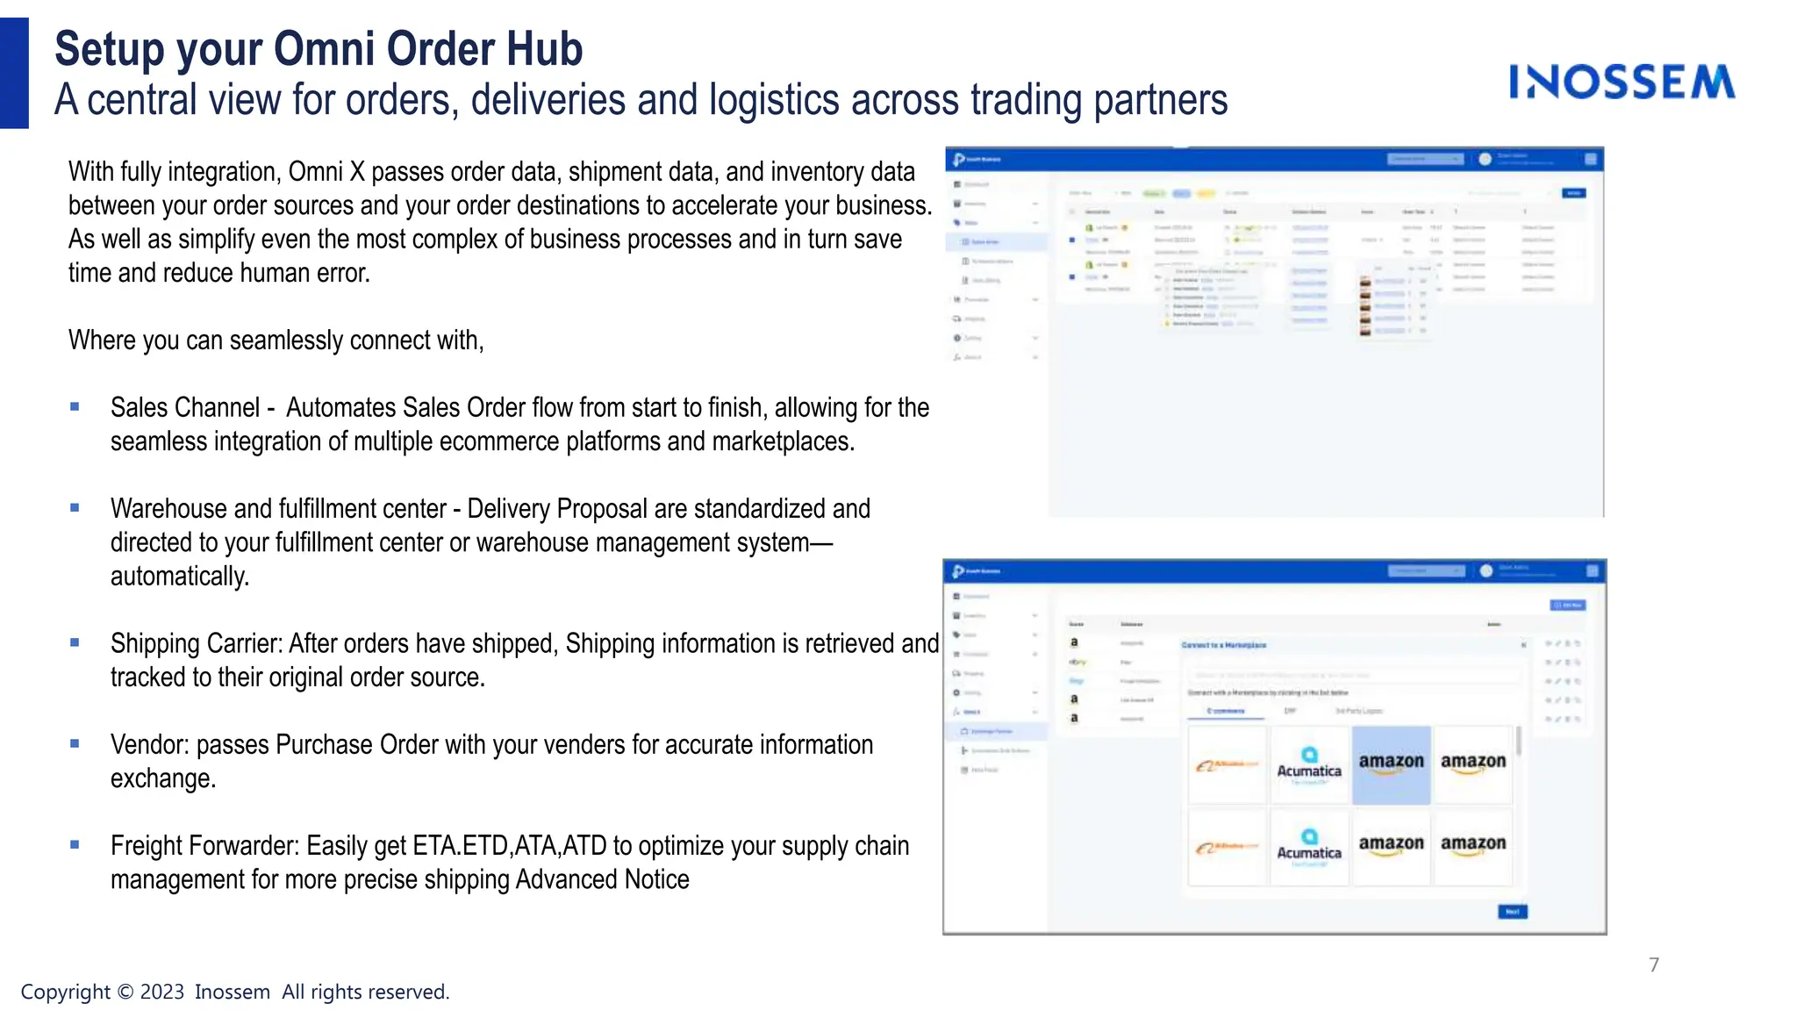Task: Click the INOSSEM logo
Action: (1622, 82)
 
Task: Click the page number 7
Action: (1654, 964)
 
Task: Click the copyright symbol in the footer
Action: (125, 992)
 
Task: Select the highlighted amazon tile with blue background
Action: (1391, 764)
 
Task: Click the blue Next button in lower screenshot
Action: (1512, 912)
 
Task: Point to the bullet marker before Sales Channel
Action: (75, 406)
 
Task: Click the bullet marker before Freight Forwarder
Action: (75, 844)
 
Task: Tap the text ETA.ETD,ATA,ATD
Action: (510, 846)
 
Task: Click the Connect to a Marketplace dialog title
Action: (1223, 645)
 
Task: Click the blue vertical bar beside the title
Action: (14, 73)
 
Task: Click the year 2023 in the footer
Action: (162, 992)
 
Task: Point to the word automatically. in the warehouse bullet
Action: (180, 577)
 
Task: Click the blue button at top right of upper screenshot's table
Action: (1573, 193)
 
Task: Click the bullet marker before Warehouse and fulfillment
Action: (75, 507)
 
